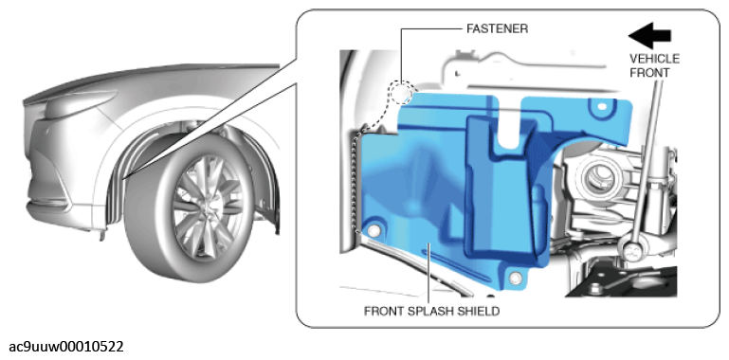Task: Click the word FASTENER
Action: coord(497,28)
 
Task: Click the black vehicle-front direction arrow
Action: coord(649,35)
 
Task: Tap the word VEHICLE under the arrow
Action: coord(654,60)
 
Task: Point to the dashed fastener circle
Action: coord(401,93)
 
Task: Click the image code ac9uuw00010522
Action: coord(66,347)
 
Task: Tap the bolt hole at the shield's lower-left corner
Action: coord(374,231)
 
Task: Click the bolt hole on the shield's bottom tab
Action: coord(515,278)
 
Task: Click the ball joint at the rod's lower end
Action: coord(631,252)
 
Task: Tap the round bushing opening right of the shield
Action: coord(596,179)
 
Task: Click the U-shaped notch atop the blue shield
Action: coord(509,121)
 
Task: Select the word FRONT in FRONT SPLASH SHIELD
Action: coord(383,312)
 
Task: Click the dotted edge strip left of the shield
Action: coord(357,182)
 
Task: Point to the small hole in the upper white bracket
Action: coord(459,72)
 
